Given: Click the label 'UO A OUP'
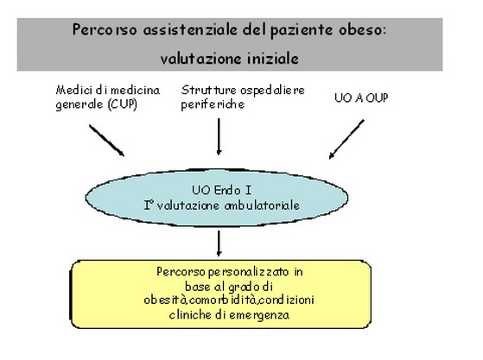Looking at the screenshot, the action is coord(361,98).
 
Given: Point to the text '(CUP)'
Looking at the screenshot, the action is coord(123,104).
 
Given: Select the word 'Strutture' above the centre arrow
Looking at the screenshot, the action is coord(209,90).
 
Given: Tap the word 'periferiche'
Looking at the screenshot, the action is coord(213,104).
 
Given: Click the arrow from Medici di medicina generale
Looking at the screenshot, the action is coord(106,141).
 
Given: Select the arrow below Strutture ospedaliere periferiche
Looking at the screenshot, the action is coord(219,136).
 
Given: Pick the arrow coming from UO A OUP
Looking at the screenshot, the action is coord(346,139).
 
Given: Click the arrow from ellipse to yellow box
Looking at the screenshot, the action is coord(219,243).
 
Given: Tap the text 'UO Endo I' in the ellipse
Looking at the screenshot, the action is coord(221,190).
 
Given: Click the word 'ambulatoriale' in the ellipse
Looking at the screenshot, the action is coord(262,205).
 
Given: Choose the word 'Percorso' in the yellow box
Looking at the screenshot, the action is coord(181,272).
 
